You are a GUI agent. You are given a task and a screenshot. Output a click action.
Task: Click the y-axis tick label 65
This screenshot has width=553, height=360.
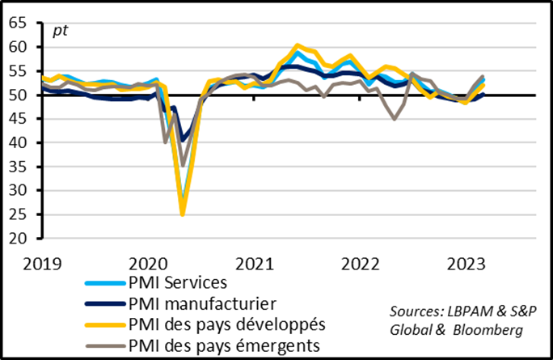click(x=17, y=23)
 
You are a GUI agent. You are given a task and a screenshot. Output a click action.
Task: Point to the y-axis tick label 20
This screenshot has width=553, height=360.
click(x=17, y=239)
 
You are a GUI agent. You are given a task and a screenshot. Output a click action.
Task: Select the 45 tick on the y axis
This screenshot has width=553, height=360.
click(x=17, y=119)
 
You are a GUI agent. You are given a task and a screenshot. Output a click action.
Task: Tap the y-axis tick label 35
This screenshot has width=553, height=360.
click(x=17, y=167)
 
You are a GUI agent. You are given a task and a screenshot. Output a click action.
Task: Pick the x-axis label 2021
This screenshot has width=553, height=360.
click(x=254, y=264)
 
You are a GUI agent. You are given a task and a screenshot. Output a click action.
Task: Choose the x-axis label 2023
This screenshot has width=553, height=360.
click(x=466, y=264)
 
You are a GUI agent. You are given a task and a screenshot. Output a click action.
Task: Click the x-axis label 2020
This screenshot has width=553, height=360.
click(x=147, y=264)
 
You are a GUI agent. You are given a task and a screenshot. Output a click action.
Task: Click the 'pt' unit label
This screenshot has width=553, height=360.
click(x=60, y=32)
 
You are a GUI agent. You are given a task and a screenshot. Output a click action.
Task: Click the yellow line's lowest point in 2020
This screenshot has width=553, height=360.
click(x=183, y=214)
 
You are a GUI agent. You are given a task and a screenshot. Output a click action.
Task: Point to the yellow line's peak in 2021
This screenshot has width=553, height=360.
click(x=298, y=45)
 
